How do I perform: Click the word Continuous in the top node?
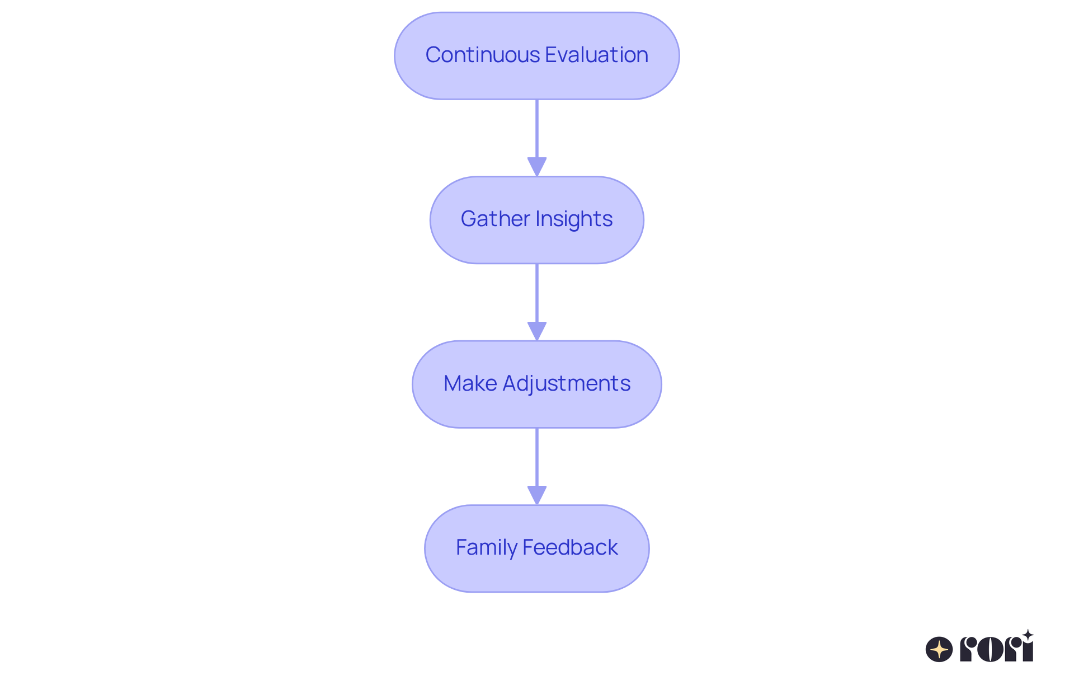[x=483, y=55]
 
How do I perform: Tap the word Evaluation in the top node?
[x=596, y=55]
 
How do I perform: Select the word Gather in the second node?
[x=495, y=219]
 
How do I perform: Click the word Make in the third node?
[x=470, y=383]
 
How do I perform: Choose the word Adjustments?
[x=567, y=383]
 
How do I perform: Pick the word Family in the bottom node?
[x=486, y=547]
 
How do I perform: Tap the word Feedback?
[x=570, y=547]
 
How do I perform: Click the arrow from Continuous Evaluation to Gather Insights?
[x=537, y=132]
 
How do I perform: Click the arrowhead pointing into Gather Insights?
[x=537, y=167]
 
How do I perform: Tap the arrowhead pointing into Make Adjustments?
[x=537, y=331]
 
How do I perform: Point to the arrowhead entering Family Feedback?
[x=537, y=495]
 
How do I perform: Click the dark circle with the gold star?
[x=939, y=649]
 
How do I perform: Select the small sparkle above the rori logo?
[x=1028, y=635]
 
